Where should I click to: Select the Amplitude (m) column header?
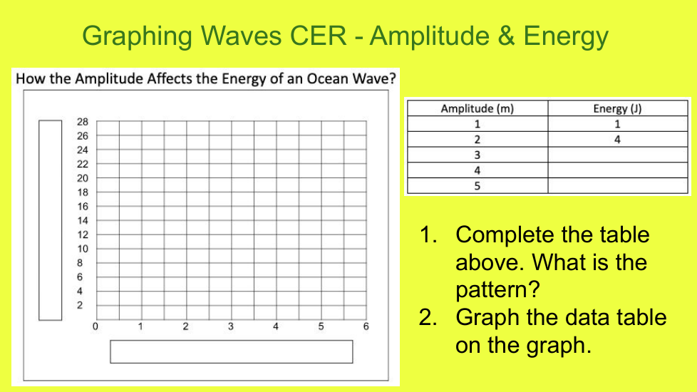(x=477, y=108)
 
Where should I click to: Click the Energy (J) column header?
(x=617, y=108)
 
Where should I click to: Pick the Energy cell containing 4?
(x=617, y=140)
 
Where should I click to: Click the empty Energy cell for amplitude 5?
(x=617, y=186)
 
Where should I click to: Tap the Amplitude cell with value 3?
(x=477, y=155)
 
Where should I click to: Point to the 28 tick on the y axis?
(x=83, y=122)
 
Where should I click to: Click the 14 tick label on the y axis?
(x=83, y=220)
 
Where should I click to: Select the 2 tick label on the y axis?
(x=80, y=305)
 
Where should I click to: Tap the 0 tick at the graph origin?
(x=95, y=326)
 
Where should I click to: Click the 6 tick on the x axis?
(x=366, y=326)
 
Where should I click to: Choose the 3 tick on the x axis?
(x=231, y=326)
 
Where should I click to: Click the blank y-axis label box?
(x=50, y=220)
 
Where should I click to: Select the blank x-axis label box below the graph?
(x=232, y=351)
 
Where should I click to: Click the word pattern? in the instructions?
(x=497, y=290)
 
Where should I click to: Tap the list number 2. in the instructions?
(x=428, y=317)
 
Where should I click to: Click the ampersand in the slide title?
(x=506, y=36)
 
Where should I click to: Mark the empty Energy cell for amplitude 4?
(x=617, y=170)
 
